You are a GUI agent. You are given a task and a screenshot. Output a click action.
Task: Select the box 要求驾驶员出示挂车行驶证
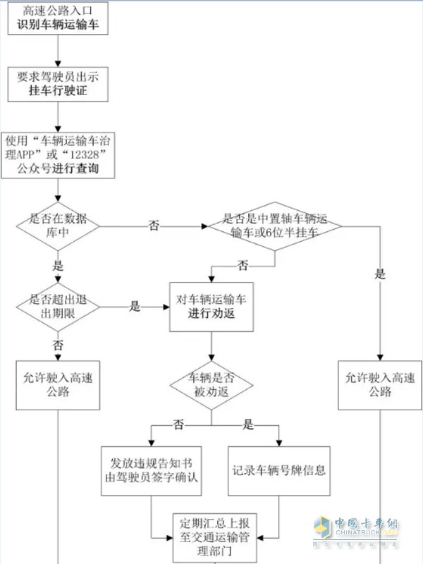(x=58, y=85)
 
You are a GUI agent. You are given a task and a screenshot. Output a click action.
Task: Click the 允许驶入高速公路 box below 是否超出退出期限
(x=58, y=384)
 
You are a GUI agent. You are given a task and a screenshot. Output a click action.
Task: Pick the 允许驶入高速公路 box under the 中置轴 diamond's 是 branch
(x=380, y=384)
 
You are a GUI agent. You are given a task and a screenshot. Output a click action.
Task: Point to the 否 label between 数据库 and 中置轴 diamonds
(x=154, y=226)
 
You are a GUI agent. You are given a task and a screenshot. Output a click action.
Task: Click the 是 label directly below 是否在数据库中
(x=58, y=266)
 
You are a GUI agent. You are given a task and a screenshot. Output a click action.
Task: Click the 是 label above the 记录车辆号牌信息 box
(x=247, y=425)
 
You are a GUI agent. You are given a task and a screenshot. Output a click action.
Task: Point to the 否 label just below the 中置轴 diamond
(x=243, y=266)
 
